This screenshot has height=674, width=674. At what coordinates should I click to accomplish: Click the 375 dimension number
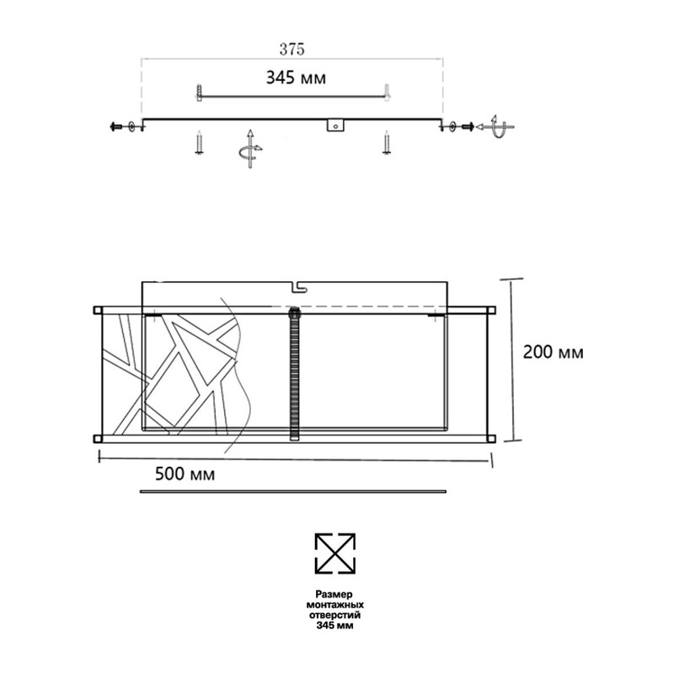pyautogui.click(x=292, y=50)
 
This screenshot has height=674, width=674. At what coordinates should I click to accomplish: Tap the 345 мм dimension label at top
pyautogui.click(x=296, y=78)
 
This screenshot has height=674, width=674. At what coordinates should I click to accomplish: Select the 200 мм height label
pyautogui.click(x=554, y=352)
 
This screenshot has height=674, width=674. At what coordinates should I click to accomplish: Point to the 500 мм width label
pyautogui.click(x=185, y=473)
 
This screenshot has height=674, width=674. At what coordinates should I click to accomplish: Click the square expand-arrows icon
pyautogui.click(x=335, y=554)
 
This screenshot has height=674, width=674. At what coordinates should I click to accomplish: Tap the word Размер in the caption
pyautogui.click(x=334, y=594)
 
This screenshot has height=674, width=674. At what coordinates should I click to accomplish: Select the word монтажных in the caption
pyautogui.click(x=334, y=605)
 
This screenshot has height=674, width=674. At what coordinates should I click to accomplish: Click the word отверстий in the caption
pyautogui.click(x=334, y=615)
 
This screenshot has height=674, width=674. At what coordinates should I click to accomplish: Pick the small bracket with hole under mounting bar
pyautogui.click(x=335, y=125)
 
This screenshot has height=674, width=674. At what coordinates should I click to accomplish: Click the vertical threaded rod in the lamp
pyautogui.click(x=294, y=373)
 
